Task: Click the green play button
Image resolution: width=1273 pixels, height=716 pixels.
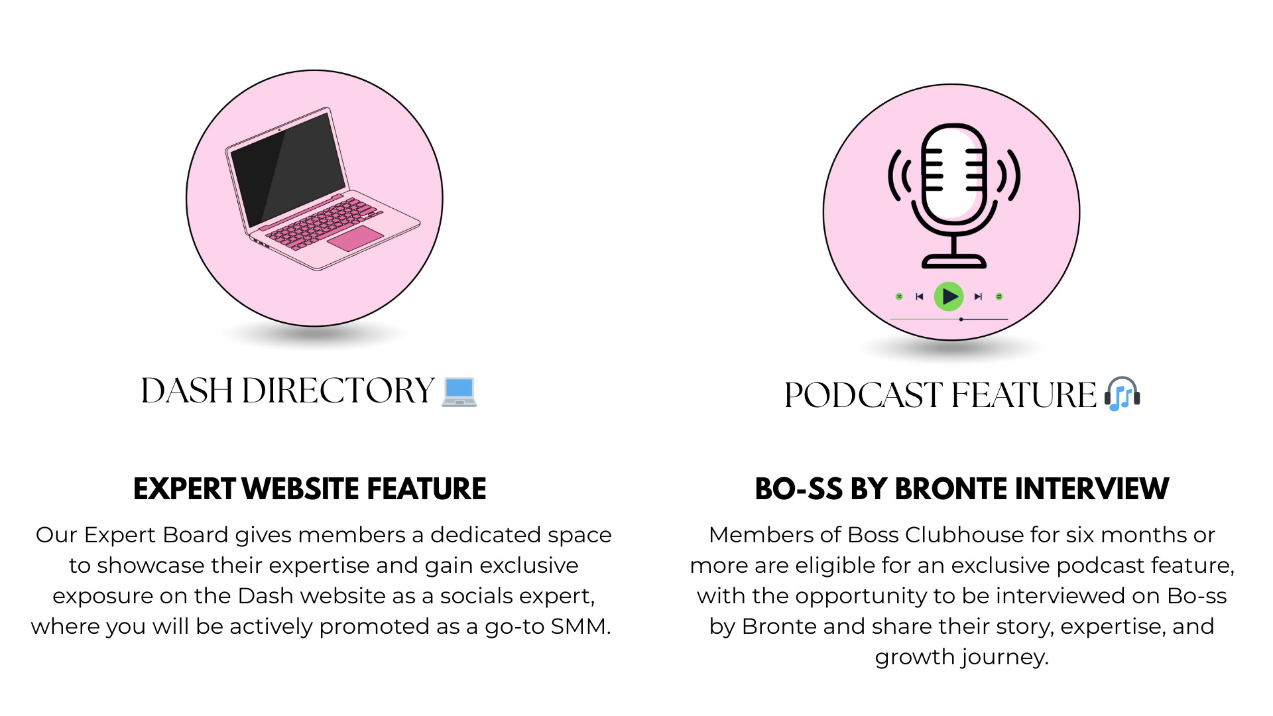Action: coord(949,296)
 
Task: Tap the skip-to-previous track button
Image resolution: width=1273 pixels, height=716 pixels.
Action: coord(920,296)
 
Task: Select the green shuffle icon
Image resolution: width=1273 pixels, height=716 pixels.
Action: coord(899,296)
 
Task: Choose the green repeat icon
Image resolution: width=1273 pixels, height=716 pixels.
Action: coord(999,296)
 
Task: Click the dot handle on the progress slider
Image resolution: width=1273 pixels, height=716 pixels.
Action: coord(961,320)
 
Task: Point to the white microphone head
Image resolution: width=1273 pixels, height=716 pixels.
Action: coord(953,172)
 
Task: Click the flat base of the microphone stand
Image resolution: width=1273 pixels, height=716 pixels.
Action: coord(954,263)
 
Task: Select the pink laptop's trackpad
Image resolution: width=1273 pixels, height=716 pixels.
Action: coord(355,238)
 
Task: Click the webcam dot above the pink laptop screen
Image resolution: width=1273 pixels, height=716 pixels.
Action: coord(279,130)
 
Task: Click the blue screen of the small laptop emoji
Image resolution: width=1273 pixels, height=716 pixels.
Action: coord(459,388)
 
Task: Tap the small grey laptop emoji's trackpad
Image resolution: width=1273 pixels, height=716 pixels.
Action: coord(459,402)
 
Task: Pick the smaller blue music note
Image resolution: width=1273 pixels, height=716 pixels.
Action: coord(1127,398)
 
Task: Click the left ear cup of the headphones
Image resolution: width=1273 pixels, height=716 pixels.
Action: coord(1107,398)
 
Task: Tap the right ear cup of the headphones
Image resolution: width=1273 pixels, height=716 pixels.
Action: coord(1137,398)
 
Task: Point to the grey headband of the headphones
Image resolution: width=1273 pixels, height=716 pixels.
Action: coord(1122,380)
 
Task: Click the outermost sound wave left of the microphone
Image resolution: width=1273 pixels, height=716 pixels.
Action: coord(893,176)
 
